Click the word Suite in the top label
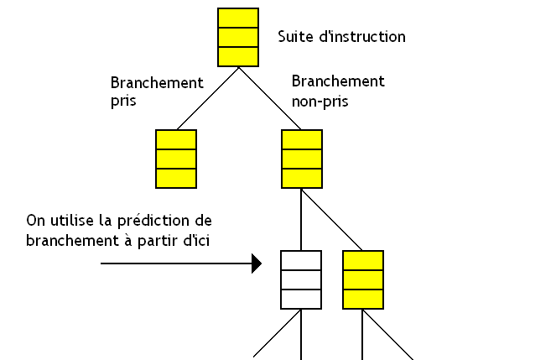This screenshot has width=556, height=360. click(294, 37)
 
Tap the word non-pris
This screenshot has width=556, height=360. click(320, 101)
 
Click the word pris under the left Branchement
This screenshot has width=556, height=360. click(123, 101)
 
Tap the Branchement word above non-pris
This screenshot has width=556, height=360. click(338, 81)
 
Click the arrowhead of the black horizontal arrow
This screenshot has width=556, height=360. click(257, 264)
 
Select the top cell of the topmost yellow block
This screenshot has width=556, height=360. click(237, 18)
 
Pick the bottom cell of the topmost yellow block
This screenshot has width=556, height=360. click(237, 56)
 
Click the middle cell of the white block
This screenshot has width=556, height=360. click(301, 279)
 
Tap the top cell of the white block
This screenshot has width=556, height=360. click(301, 260)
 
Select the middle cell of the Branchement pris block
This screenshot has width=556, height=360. click(176, 159)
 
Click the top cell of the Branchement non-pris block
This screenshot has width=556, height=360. click(301, 139)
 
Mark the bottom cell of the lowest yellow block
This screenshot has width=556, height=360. click(363, 299)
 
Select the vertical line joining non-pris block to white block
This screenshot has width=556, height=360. click(301, 219)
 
